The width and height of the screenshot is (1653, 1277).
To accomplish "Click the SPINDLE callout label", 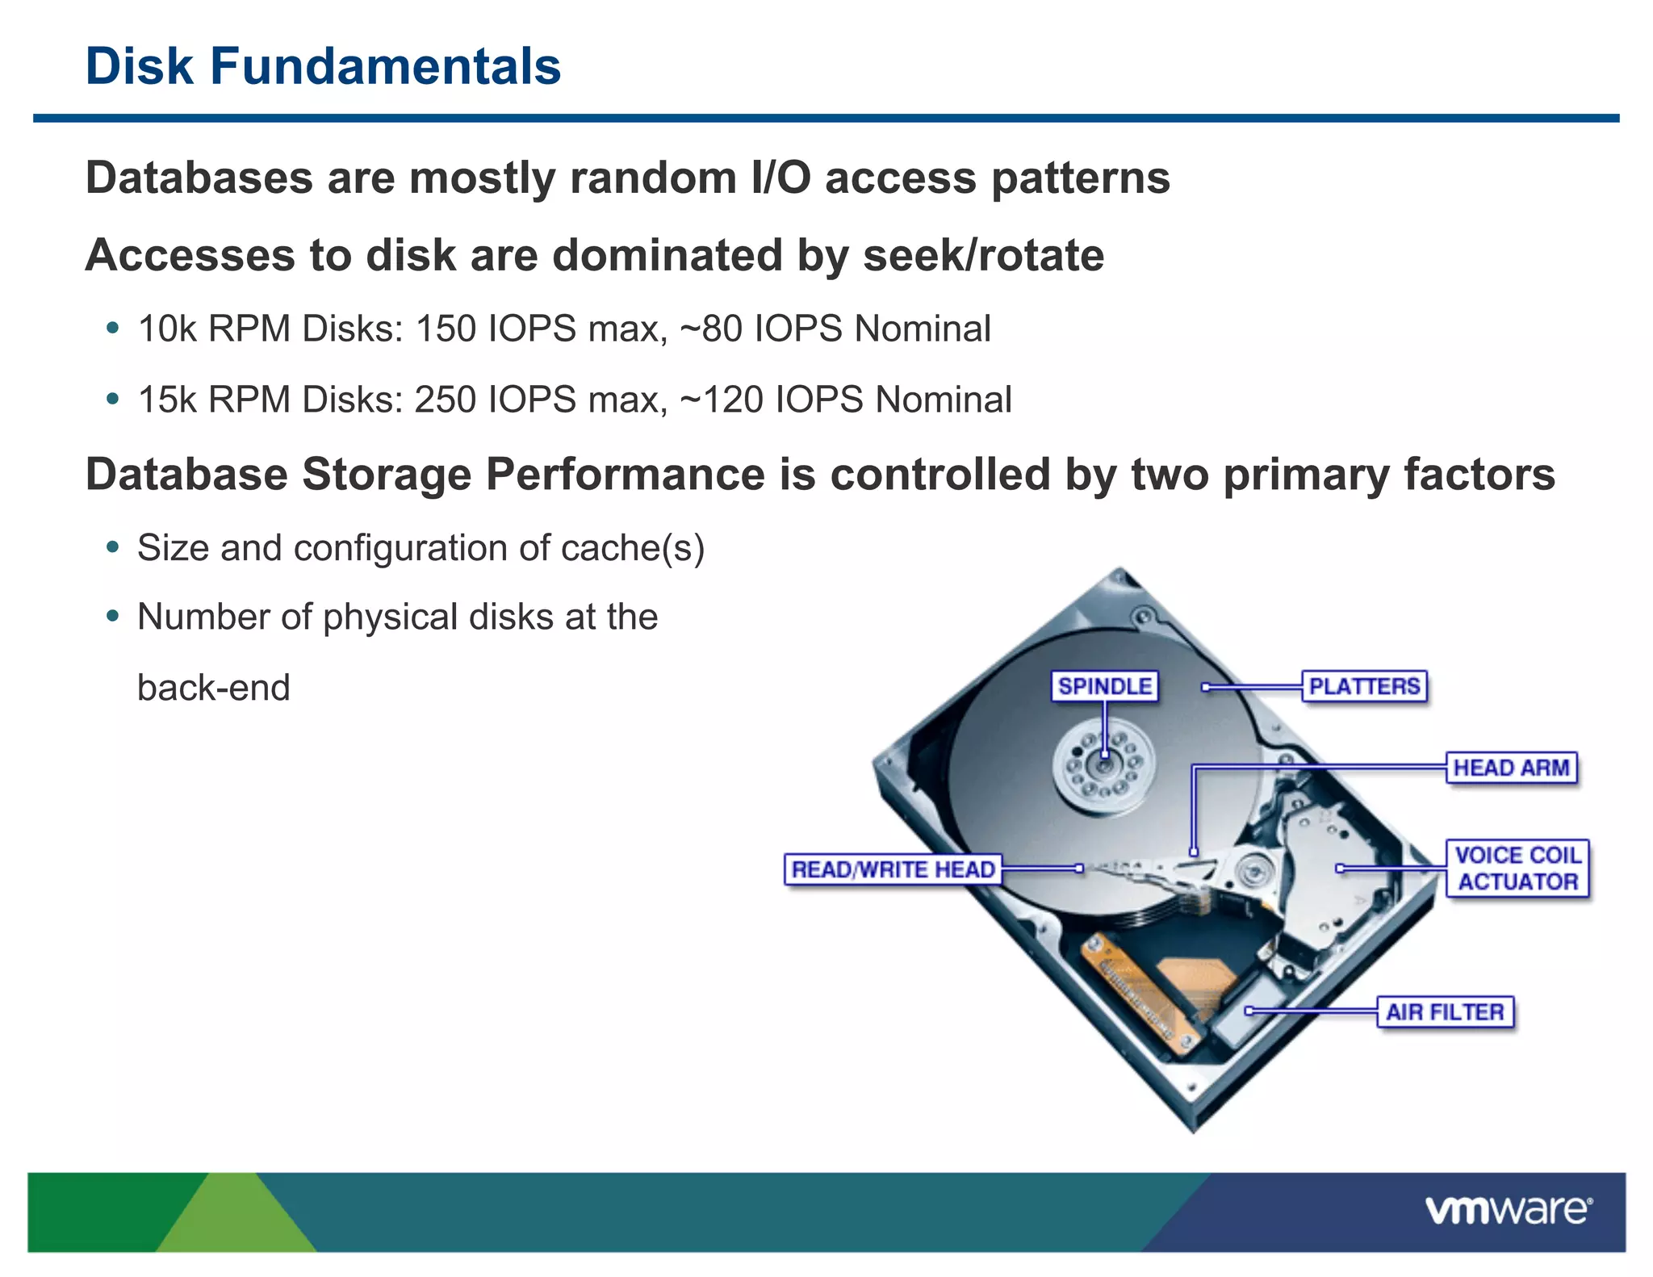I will tap(1104, 686).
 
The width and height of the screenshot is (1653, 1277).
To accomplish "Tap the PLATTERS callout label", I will tap(1364, 686).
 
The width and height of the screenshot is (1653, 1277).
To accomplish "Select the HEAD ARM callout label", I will tap(1511, 768).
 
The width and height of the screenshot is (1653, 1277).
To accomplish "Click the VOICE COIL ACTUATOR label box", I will tap(1517, 869).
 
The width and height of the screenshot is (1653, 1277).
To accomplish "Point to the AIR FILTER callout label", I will tap(1445, 1011).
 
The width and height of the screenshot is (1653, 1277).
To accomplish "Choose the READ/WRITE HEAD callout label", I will tap(893, 869).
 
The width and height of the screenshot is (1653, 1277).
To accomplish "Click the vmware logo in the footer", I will tap(1508, 1210).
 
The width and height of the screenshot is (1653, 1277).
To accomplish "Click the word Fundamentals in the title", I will tap(385, 66).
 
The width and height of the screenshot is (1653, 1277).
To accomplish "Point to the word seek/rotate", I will tap(983, 256).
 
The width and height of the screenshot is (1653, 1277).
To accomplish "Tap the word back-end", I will tap(213, 689).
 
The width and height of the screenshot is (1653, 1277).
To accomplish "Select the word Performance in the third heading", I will tap(625, 475).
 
